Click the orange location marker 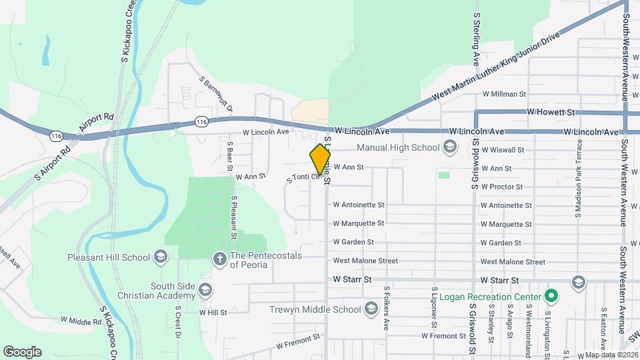click(x=320, y=158)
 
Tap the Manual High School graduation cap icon click(x=450, y=147)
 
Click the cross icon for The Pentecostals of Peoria click(x=219, y=258)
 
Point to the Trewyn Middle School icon click(x=371, y=309)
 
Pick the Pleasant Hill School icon click(x=160, y=257)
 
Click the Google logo click(x=22, y=351)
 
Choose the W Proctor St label click(x=501, y=187)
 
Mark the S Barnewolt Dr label click(x=217, y=93)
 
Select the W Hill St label click(x=213, y=311)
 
